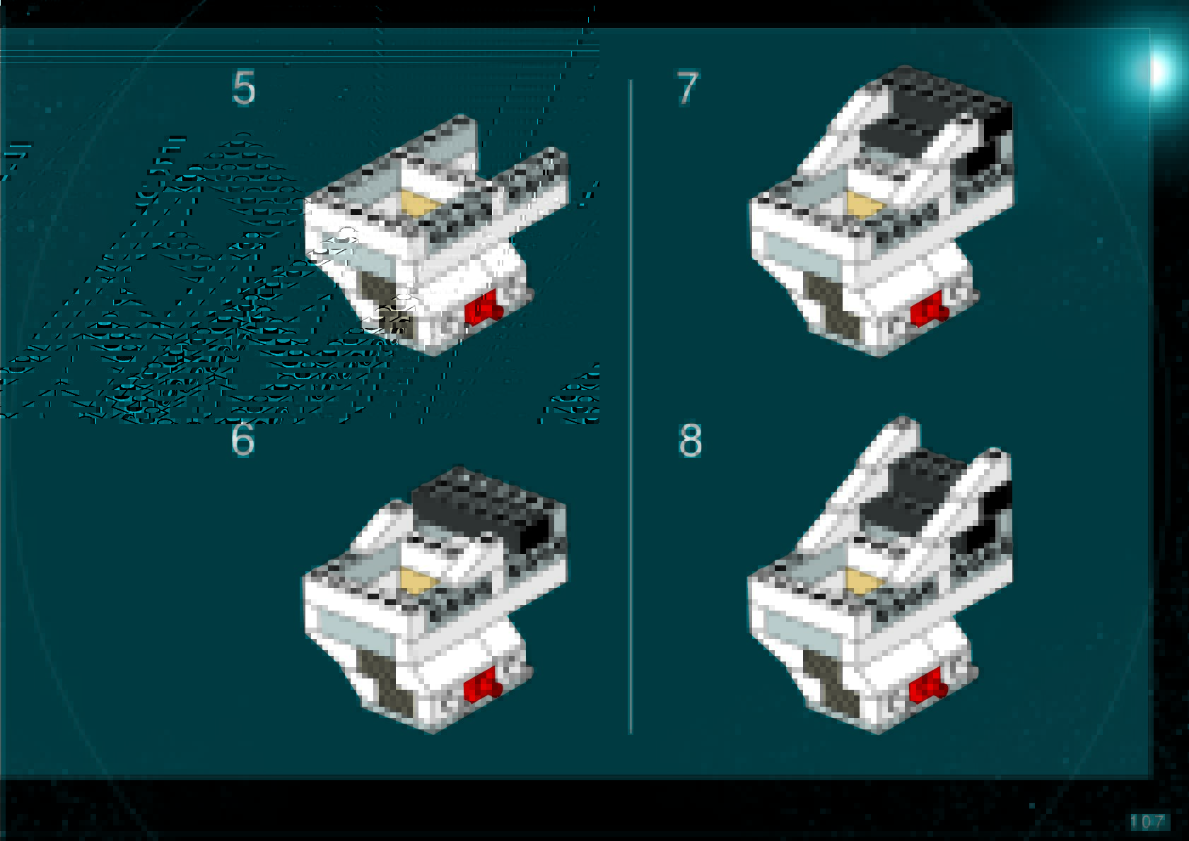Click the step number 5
[244, 88]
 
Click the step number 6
[243, 440]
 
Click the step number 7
[689, 88]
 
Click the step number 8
[690, 440]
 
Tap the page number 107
[1148, 822]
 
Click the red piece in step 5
[484, 307]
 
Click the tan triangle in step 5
[419, 205]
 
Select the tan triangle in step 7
[864, 206]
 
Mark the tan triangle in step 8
[864, 581]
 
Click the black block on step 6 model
[486, 510]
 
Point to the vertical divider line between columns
[631, 407]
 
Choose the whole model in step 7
[881, 211]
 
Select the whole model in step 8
[880, 575]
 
